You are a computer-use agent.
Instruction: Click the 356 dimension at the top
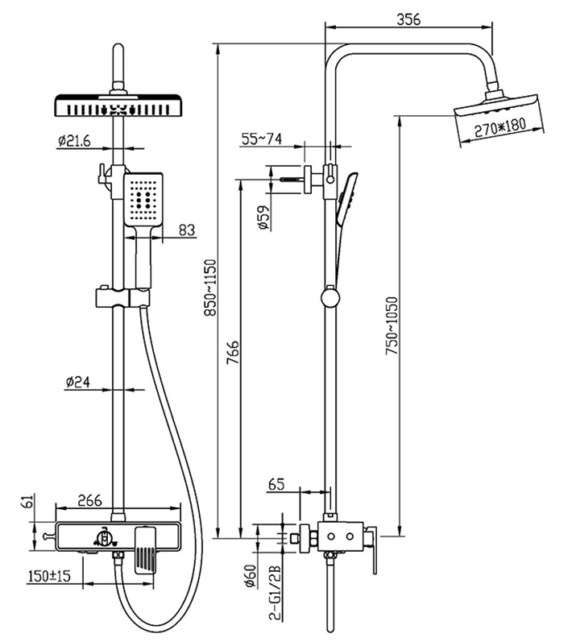408,19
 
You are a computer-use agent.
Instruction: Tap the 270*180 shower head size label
499,127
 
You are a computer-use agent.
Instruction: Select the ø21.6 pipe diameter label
73,141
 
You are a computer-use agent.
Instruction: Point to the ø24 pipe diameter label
78,383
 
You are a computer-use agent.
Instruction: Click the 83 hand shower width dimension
187,230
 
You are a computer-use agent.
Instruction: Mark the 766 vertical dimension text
232,353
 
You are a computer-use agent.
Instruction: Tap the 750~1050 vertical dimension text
391,326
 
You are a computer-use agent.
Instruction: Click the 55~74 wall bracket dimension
262,139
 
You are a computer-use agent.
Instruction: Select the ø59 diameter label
265,217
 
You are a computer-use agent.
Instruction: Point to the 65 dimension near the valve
276,484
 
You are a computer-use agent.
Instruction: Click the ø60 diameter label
250,576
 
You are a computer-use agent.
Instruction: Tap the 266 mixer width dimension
89,500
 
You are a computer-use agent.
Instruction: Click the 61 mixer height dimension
26,502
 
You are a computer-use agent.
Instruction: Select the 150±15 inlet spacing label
49,576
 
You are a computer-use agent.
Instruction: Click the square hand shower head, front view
143,199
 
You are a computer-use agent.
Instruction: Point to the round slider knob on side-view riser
330,298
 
